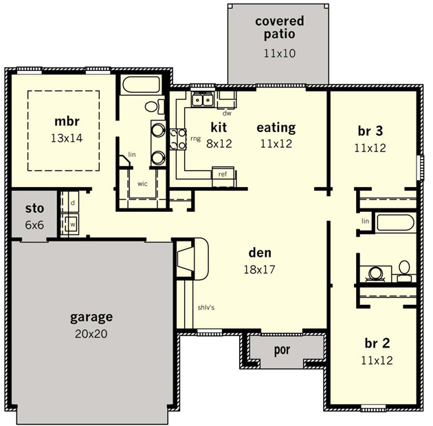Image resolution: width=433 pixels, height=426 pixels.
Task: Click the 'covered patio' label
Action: [x=280, y=28]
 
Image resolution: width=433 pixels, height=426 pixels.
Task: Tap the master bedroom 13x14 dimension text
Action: [x=67, y=138]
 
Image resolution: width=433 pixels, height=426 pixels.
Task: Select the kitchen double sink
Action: [x=203, y=99]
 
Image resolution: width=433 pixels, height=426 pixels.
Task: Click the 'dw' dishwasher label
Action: [x=227, y=113]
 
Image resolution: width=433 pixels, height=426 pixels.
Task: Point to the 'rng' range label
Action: [x=195, y=138]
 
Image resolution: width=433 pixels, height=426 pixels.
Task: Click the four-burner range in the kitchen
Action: [x=178, y=139]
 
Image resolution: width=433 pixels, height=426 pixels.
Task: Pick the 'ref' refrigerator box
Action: [x=223, y=177]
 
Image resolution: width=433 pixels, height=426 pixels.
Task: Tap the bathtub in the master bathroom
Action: [x=142, y=85]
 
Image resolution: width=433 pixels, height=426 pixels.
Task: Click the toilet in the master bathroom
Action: [x=154, y=107]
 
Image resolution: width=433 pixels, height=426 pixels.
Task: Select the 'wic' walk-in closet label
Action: [x=142, y=184]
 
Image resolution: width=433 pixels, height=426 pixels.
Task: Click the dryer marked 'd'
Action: [x=71, y=203]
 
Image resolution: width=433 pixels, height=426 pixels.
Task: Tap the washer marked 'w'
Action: [x=71, y=224]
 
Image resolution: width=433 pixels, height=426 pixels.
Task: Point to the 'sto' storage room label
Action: [x=34, y=209]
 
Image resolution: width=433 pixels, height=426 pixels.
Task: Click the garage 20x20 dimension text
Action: [x=91, y=334]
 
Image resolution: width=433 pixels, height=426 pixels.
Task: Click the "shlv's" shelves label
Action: [x=206, y=308]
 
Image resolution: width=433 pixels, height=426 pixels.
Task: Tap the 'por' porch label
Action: [x=282, y=350]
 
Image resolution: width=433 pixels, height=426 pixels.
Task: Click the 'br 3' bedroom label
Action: [x=370, y=131]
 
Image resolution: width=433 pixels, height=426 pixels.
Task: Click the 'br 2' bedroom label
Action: [x=377, y=343]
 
